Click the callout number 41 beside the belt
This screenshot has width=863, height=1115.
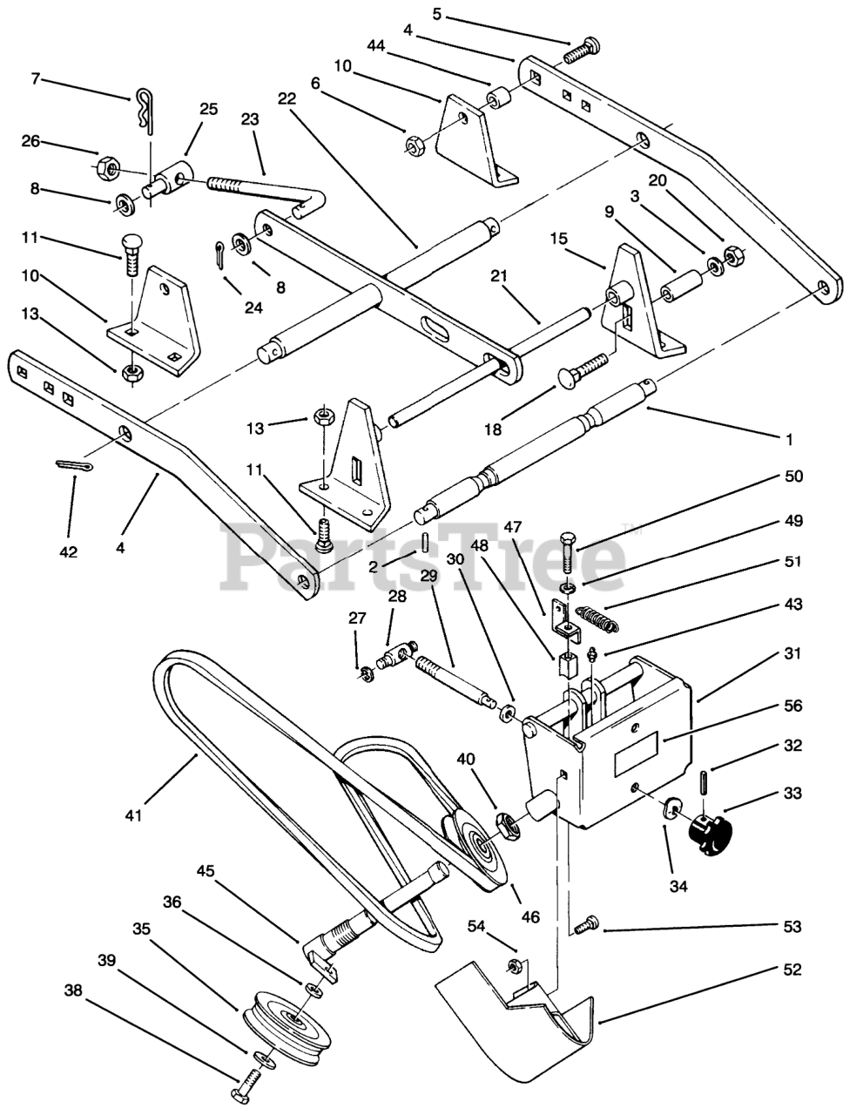pos(132,816)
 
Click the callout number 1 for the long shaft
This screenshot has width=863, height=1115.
pos(789,441)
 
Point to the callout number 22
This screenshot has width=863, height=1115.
pos(287,98)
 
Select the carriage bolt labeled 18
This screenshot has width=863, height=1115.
pos(584,369)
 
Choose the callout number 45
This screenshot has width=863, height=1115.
pos(206,869)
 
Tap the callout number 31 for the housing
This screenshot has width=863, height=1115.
pos(790,653)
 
